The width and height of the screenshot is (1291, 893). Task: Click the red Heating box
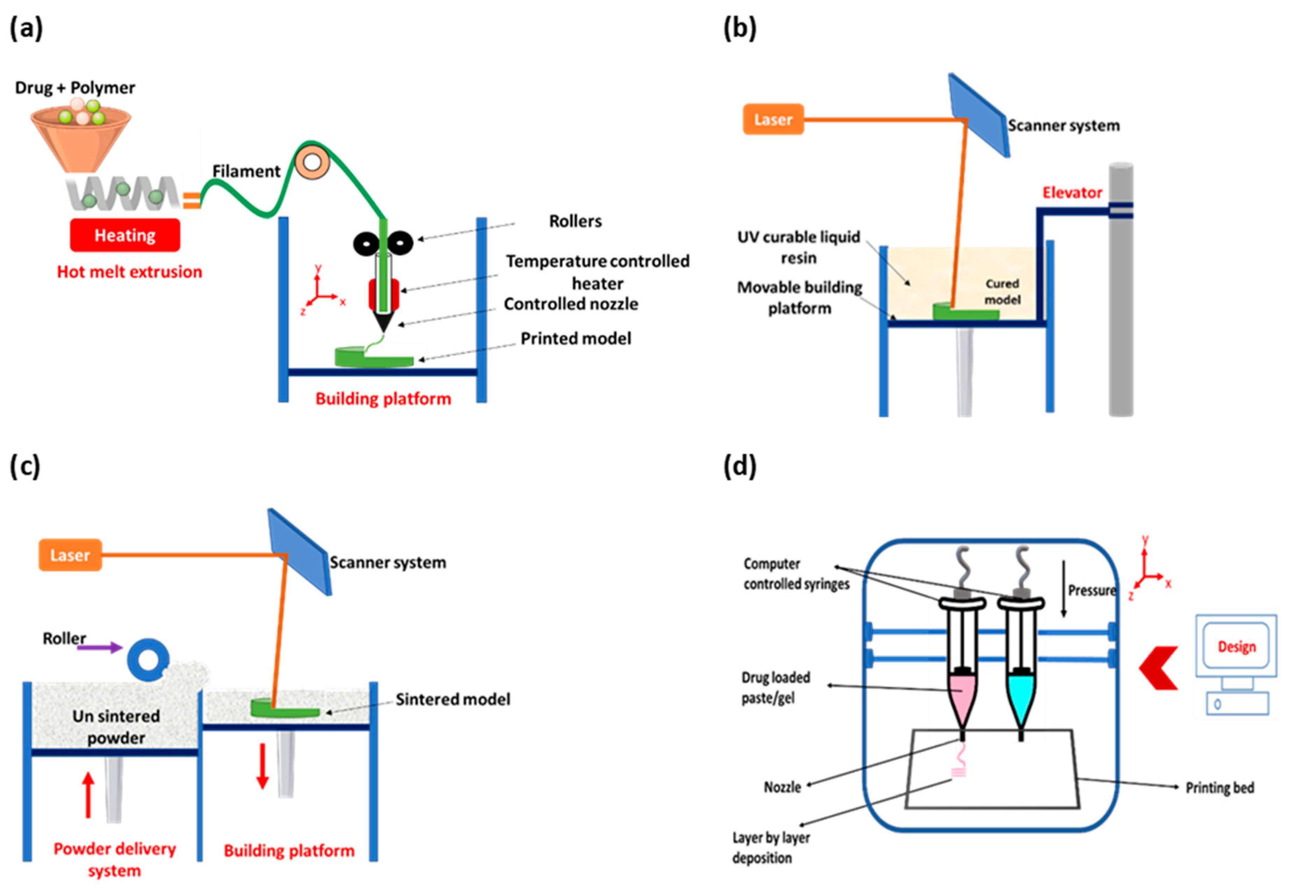point(125,235)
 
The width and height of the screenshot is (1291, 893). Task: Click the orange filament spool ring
point(312,163)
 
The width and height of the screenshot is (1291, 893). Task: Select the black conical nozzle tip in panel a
point(383,322)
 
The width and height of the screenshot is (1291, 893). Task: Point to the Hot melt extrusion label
point(129,272)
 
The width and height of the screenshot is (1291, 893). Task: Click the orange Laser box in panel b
point(773,119)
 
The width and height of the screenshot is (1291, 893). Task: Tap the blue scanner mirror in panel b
point(979,115)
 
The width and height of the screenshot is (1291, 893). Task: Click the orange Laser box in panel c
point(70,555)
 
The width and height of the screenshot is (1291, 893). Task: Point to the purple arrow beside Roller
point(100,647)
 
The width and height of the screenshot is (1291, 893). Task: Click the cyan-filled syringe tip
point(1021,700)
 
